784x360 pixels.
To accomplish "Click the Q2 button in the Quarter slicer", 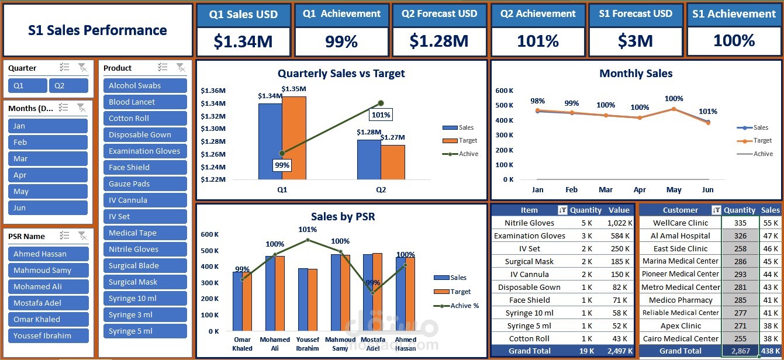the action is tap(68, 86).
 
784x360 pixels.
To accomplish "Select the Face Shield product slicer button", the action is tap(145, 168).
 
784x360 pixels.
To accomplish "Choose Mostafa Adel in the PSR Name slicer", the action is tap(49, 303).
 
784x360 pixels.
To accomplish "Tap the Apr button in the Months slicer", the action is tap(47, 175).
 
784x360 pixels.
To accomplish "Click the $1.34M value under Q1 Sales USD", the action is tap(243, 41).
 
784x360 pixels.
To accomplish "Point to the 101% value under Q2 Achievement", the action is tap(538, 41).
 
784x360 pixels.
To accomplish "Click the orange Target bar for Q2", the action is tap(393, 162).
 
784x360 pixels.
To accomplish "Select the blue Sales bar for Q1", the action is tap(270, 141).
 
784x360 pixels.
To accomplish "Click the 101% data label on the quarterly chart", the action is tap(381, 115).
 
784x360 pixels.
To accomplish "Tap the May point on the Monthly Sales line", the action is tap(674, 109).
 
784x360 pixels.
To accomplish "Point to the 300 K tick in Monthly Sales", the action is tap(504, 135).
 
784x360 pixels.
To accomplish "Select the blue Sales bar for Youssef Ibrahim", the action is tap(303, 299).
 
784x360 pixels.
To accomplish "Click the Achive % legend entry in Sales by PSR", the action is tap(456, 306).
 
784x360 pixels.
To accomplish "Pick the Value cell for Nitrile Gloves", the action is tap(620, 223).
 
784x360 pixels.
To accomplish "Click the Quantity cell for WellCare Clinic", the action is tap(740, 223).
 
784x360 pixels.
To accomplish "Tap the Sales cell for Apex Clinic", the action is tap(771, 326).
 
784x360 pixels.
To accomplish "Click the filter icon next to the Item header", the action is tap(562, 210).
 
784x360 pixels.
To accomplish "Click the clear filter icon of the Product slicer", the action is tap(181, 67).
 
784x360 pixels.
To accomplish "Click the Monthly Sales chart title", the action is tap(636, 74).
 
